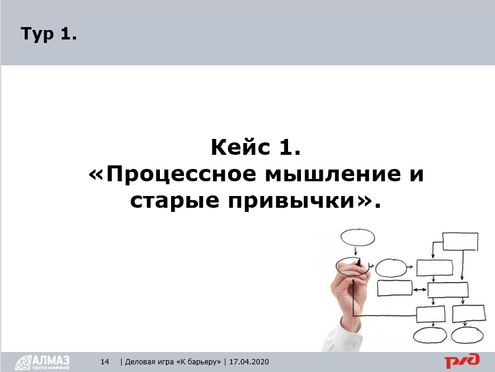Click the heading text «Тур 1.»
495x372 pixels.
(x=49, y=34)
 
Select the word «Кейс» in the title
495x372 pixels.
(x=240, y=147)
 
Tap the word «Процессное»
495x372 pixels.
(x=181, y=174)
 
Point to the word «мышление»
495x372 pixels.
(x=333, y=174)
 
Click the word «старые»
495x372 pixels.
(x=175, y=201)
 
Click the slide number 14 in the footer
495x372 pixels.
(x=105, y=361)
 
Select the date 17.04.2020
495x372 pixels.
(x=249, y=361)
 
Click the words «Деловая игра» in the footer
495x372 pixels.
(x=149, y=361)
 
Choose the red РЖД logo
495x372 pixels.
(x=462, y=361)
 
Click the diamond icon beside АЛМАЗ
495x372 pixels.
(x=23, y=363)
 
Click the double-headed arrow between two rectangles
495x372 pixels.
(x=420, y=290)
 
